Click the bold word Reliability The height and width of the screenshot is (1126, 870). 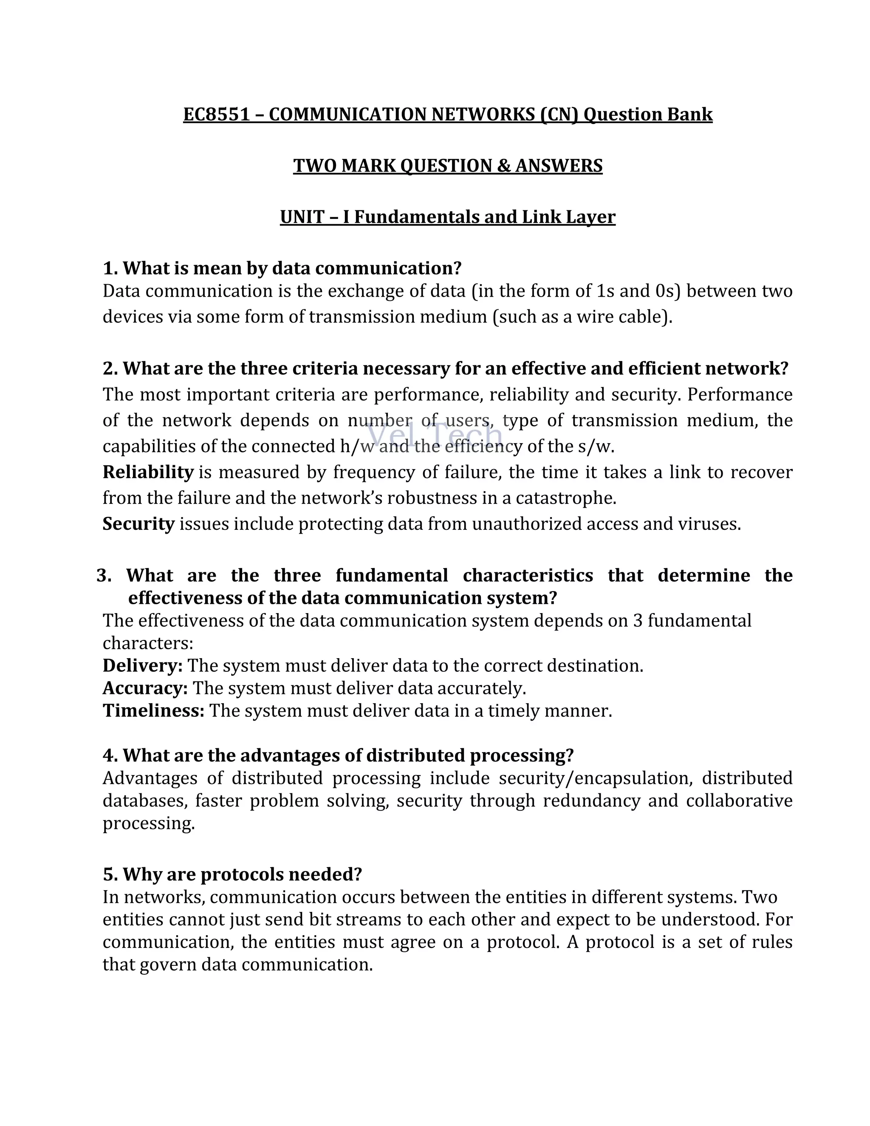tap(148, 472)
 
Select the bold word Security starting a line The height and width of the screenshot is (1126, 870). tap(138, 524)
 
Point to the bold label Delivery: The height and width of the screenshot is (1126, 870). tap(142, 665)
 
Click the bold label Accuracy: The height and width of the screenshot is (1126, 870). tap(145, 688)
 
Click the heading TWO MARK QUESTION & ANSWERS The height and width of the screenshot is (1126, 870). tap(447, 166)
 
